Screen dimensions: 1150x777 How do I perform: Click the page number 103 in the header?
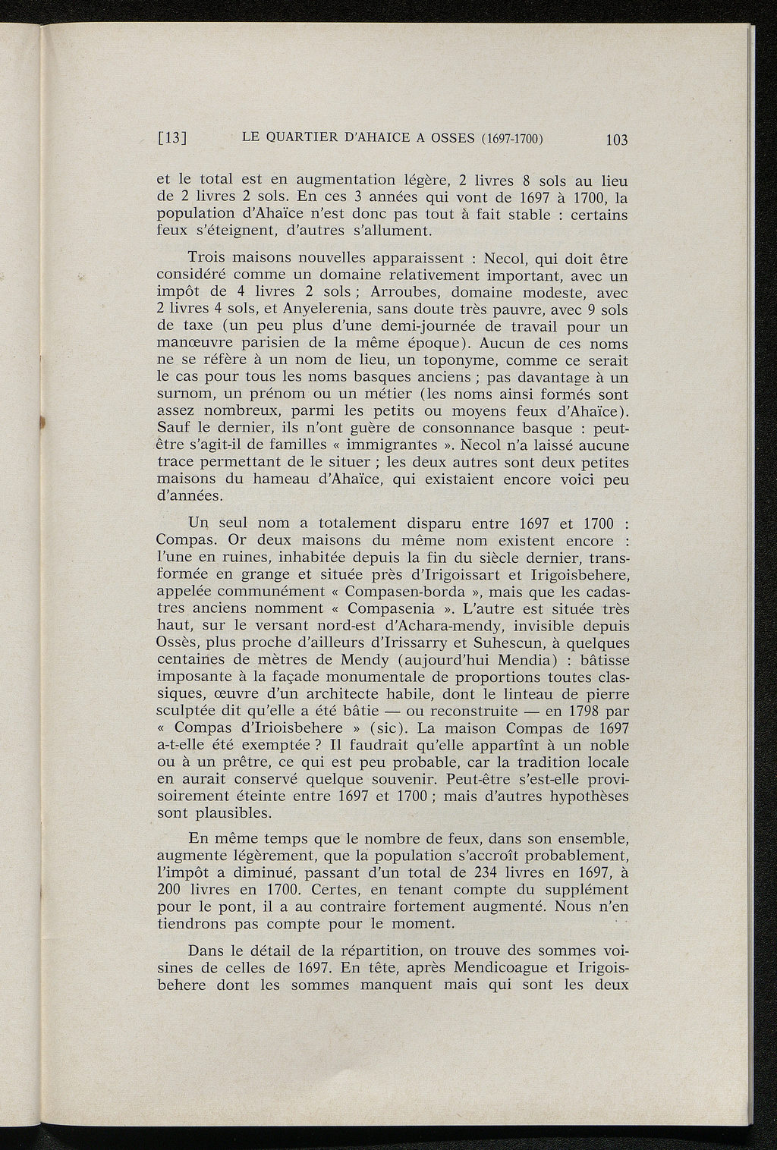(618, 140)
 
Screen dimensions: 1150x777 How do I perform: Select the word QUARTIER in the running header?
(303, 139)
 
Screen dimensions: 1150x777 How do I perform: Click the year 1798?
(585, 712)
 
